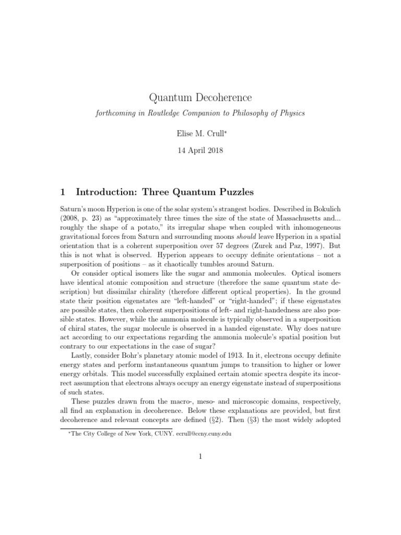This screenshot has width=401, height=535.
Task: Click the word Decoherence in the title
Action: click(222, 98)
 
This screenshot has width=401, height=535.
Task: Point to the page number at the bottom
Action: click(200, 456)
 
